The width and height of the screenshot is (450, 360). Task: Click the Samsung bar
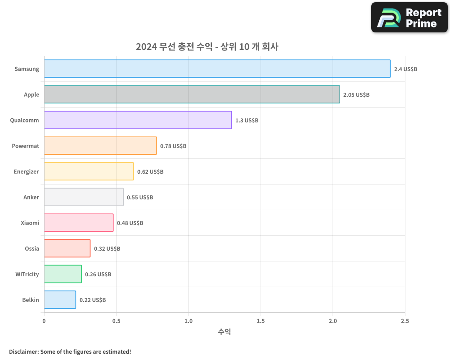217,69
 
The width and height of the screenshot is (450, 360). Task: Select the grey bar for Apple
192,94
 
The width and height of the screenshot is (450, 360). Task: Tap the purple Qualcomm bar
138,120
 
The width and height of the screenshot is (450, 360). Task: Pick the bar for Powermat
100,146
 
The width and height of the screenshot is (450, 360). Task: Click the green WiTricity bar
63,274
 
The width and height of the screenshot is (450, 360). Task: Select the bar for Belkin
60,300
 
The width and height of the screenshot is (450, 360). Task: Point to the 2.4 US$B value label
405,69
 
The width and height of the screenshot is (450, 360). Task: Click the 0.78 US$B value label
173,146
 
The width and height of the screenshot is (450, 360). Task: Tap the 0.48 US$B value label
130,223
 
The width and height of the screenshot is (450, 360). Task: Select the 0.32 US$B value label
107,249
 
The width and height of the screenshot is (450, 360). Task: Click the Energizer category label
26,172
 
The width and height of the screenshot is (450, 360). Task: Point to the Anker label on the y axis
31,198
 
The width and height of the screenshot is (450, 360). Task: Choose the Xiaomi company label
30,223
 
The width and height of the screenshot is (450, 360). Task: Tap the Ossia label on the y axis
32,249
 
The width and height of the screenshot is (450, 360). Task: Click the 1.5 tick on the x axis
261,321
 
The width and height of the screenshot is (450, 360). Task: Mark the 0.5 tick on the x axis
116,321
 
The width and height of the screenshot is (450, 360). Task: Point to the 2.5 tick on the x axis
405,321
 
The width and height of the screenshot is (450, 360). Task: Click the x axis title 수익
225,332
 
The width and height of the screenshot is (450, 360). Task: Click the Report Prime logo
409,18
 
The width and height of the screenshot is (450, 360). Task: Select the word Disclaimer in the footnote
23,351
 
